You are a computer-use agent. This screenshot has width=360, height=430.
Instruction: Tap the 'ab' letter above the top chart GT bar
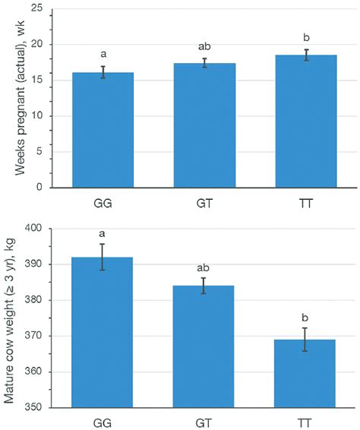[204, 47]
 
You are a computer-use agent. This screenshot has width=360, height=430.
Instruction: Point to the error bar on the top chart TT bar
[305, 55]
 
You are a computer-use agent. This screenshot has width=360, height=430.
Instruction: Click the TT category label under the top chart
[305, 204]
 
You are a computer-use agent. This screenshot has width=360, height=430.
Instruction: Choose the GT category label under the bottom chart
[204, 422]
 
